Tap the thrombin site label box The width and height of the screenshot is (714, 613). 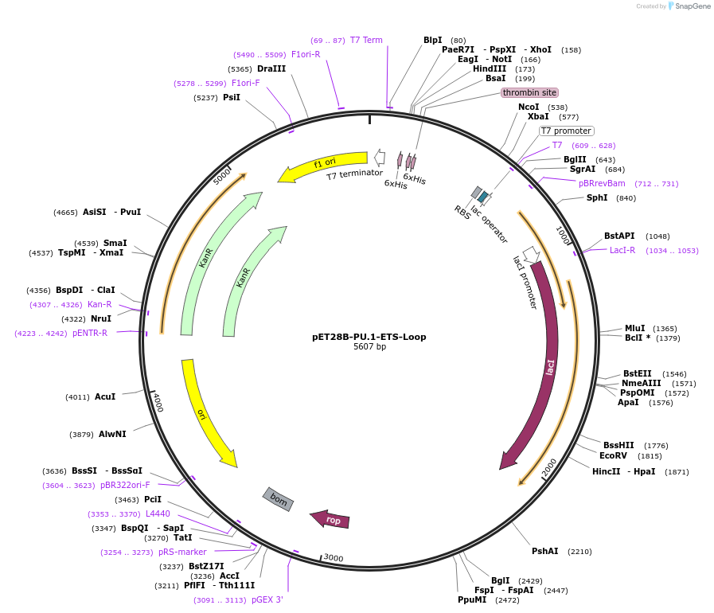tap(529, 92)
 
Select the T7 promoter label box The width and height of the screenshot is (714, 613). tap(566, 131)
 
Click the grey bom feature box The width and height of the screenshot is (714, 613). tap(279, 499)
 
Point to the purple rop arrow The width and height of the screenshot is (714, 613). tap(330, 519)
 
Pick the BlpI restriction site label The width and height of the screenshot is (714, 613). tap(432, 40)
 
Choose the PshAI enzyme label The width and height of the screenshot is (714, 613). tap(545, 551)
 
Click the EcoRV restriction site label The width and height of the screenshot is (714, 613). tap(613, 455)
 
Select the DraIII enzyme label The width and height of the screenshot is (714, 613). tap(271, 69)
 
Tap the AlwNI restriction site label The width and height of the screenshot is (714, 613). tap(112, 434)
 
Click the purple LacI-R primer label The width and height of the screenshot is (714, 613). tap(622, 250)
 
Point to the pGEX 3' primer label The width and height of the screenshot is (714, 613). tap(267, 599)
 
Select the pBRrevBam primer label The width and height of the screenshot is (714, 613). tap(602, 183)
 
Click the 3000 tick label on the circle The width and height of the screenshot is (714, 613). tap(333, 558)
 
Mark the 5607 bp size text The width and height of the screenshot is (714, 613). tap(369, 347)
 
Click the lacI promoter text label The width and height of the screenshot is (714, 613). tap(525, 282)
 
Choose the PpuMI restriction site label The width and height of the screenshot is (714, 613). tap(471, 599)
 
